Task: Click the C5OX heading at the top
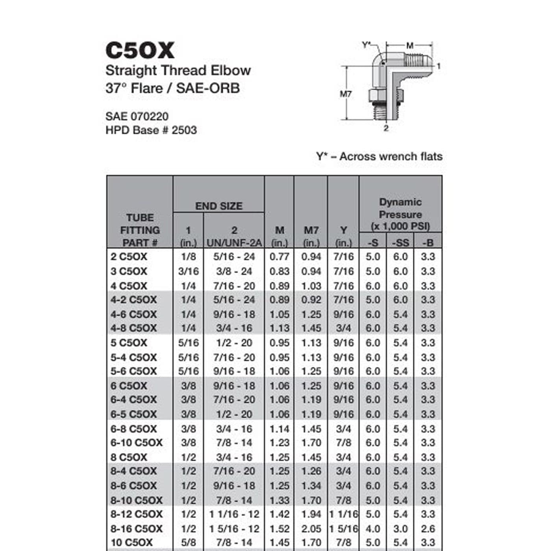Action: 140,51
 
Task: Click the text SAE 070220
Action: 137,116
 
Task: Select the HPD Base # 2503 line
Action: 151,130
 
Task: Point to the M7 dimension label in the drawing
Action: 346,94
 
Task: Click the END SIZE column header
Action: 219,206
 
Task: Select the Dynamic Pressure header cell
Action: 400,214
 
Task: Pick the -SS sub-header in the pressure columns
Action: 400,243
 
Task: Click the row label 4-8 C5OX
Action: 133,328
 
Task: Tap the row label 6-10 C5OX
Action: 136,443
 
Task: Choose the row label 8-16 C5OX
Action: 136,529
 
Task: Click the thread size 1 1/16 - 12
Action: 234,514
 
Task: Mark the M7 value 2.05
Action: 311,529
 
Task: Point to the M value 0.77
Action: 279,257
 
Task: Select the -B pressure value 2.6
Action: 428,529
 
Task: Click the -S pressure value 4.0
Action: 373,529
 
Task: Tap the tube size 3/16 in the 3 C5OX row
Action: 188,271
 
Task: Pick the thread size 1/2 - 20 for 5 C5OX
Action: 234,343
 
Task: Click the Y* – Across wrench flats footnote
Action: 379,157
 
